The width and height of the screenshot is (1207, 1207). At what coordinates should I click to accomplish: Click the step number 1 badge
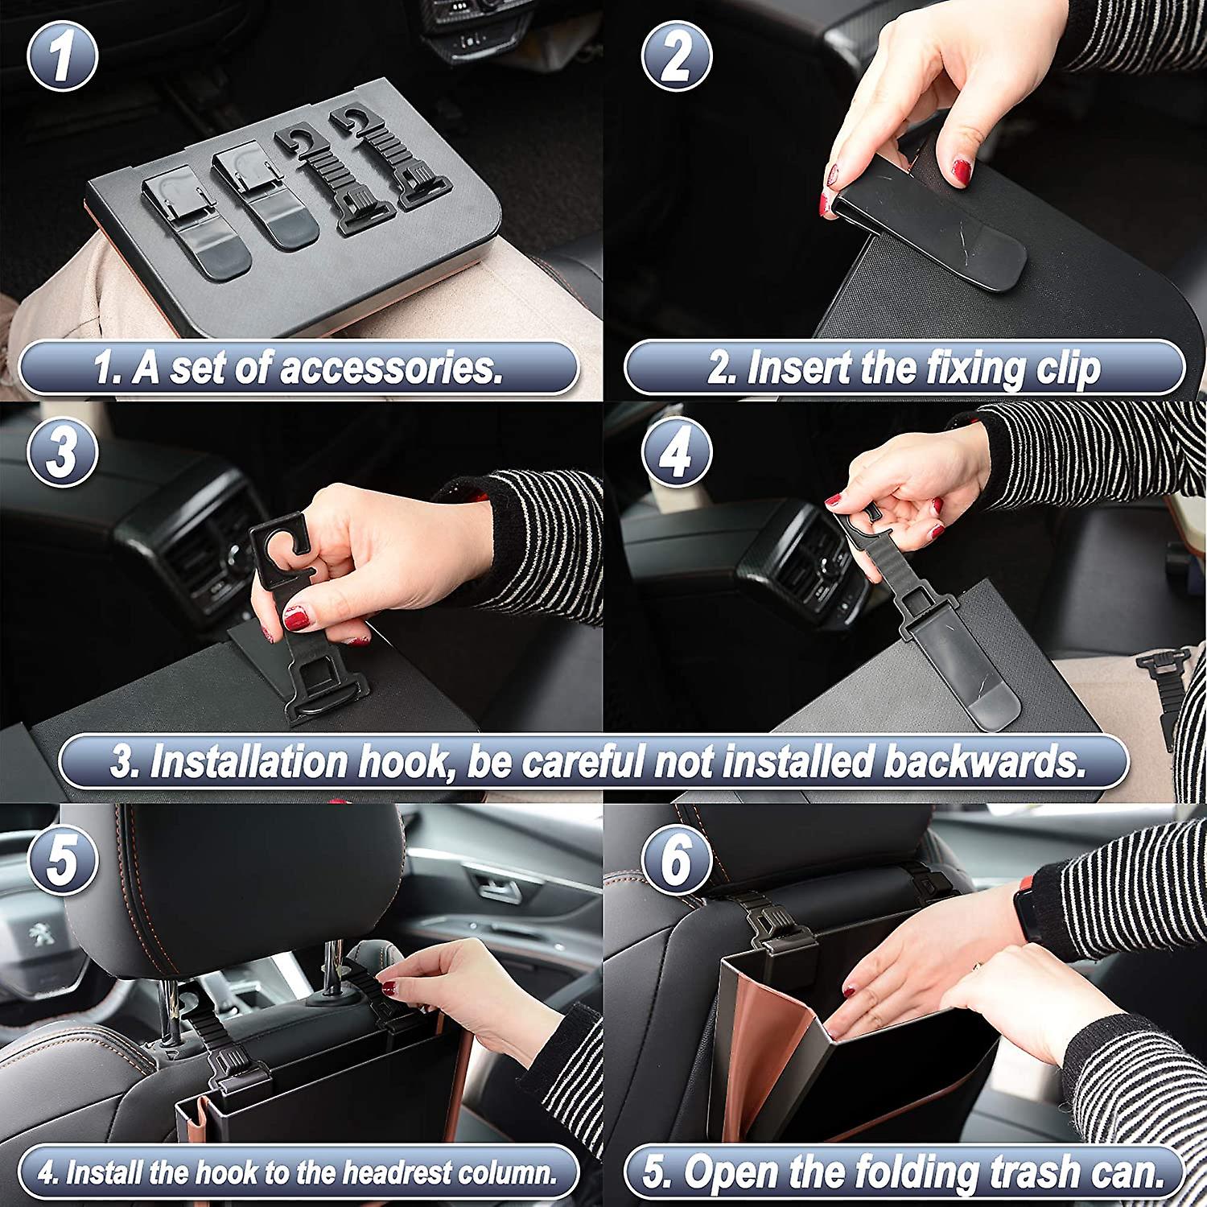click(x=62, y=56)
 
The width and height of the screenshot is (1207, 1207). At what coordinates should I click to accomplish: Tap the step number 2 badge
click(x=677, y=56)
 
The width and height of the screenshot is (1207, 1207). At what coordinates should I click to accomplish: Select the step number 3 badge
click(x=62, y=451)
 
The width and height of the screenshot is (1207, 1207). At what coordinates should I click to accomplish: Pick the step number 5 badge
click(x=62, y=859)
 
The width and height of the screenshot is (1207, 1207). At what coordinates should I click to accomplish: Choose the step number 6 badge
click(x=677, y=859)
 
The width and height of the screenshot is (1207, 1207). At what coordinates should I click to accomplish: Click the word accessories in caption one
click(x=391, y=368)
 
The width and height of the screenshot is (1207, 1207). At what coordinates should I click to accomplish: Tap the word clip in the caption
click(x=1068, y=369)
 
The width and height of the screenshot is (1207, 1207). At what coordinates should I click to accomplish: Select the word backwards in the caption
click(x=985, y=760)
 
